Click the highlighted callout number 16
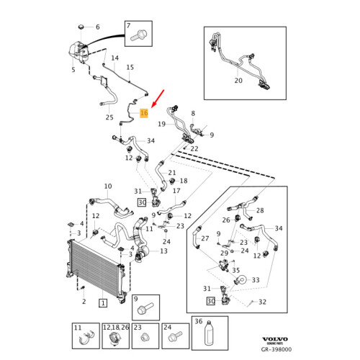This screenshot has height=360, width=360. coord(144,113)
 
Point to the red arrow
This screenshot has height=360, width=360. coord(158,99)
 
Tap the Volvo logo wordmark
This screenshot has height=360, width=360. coord(275,339)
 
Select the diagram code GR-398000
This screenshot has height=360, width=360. coord(276,349)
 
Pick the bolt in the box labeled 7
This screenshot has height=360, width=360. coord(138,35)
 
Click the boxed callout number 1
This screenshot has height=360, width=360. coord(103,303)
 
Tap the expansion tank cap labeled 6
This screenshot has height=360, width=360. coord(82,27)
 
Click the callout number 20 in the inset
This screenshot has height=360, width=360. coord(238,81)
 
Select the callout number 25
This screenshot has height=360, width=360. coord(109,117)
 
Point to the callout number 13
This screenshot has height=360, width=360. coord(163,251)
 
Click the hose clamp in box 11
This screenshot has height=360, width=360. coord(87,336)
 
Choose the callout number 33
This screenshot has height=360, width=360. coord(256,280)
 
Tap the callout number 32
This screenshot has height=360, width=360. coord(262,302)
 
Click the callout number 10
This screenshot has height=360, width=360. coord(108,186)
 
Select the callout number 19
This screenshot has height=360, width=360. coord(162,124)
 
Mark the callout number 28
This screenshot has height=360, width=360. coord(260,210)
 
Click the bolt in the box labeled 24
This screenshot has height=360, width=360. coord(176,337)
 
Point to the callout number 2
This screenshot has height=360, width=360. coord(84,302)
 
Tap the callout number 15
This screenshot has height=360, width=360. coord(130,68)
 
